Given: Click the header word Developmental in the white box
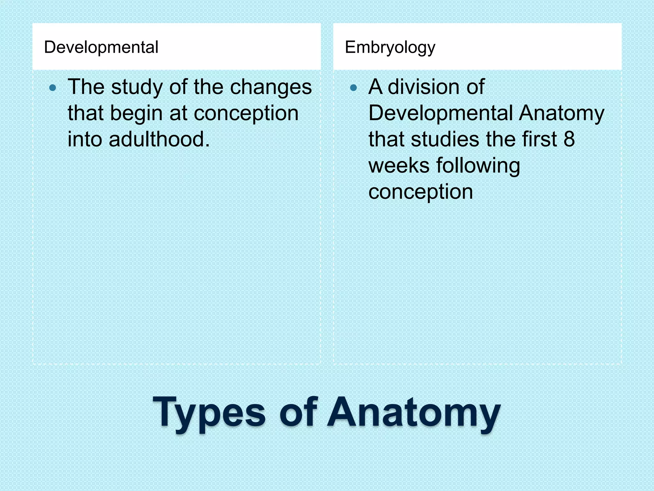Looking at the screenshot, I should click(x=101, y=47).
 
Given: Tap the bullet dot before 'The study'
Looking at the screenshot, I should click(x=53, y=88).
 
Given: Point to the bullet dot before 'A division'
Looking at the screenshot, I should click(x=353, y=88).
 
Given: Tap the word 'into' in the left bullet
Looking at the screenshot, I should click(x=85, y=140).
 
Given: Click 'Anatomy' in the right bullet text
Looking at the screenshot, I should click(x=561, y=114).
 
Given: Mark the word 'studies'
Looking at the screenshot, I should click(x=445, y=140).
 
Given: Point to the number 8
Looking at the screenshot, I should click(x=569, y=140).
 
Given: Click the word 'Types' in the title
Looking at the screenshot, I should click(x=209, y=413).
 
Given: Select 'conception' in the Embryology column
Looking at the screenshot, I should click(x=421, y=192).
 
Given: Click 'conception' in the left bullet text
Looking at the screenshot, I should click(x=246, y=114).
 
